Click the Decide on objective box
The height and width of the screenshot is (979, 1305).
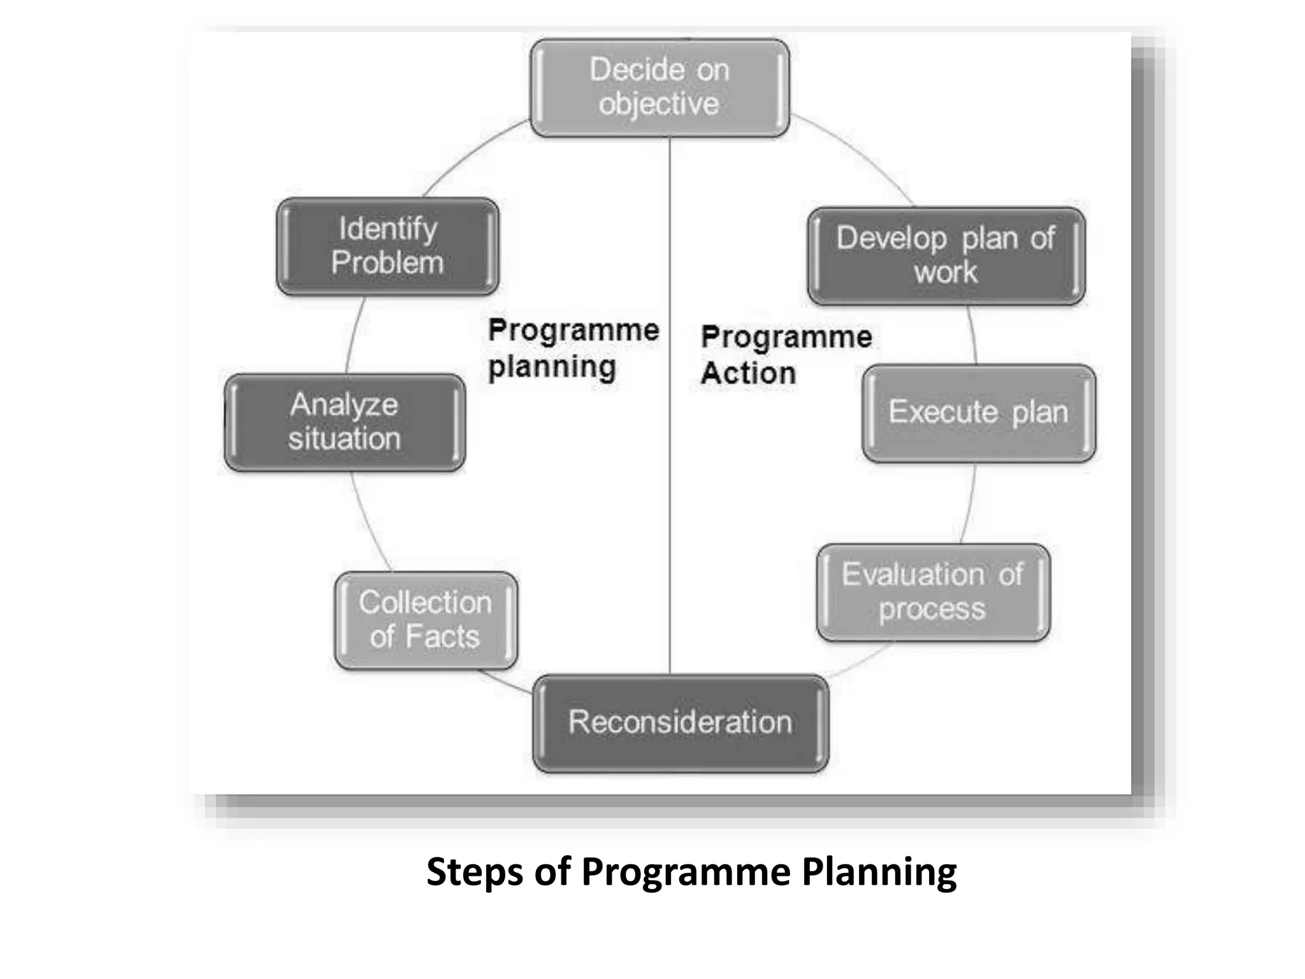click(x=660, y=88)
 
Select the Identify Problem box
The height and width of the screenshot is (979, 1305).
click(x=387, y=246)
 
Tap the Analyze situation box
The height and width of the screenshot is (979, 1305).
click(x=345, y=423)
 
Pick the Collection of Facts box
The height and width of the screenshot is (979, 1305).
click(x=426, y=620)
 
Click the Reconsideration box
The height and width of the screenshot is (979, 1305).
click(x=681, y=723)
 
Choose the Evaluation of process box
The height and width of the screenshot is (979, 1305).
click(x=933, y=592)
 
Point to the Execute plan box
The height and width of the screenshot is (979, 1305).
click(x=979, y=413)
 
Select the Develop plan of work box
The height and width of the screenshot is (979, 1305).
click(x=946, y=256)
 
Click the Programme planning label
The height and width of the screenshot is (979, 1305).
click(x=573, y=349)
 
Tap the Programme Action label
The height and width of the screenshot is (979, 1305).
click(x=786, y=355)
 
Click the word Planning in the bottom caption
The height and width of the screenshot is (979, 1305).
click(x=879, y=872)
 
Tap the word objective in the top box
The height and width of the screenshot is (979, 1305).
click(x=659, y=105)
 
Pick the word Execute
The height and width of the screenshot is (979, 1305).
click(x=943, y=412)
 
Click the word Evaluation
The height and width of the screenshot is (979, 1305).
click(x=913, y=574)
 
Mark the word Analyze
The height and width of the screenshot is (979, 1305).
click(x=344, y=405)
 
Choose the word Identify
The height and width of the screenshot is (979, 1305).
click(x=388, y=229)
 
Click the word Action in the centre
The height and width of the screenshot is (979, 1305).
click(x=749, y=373)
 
